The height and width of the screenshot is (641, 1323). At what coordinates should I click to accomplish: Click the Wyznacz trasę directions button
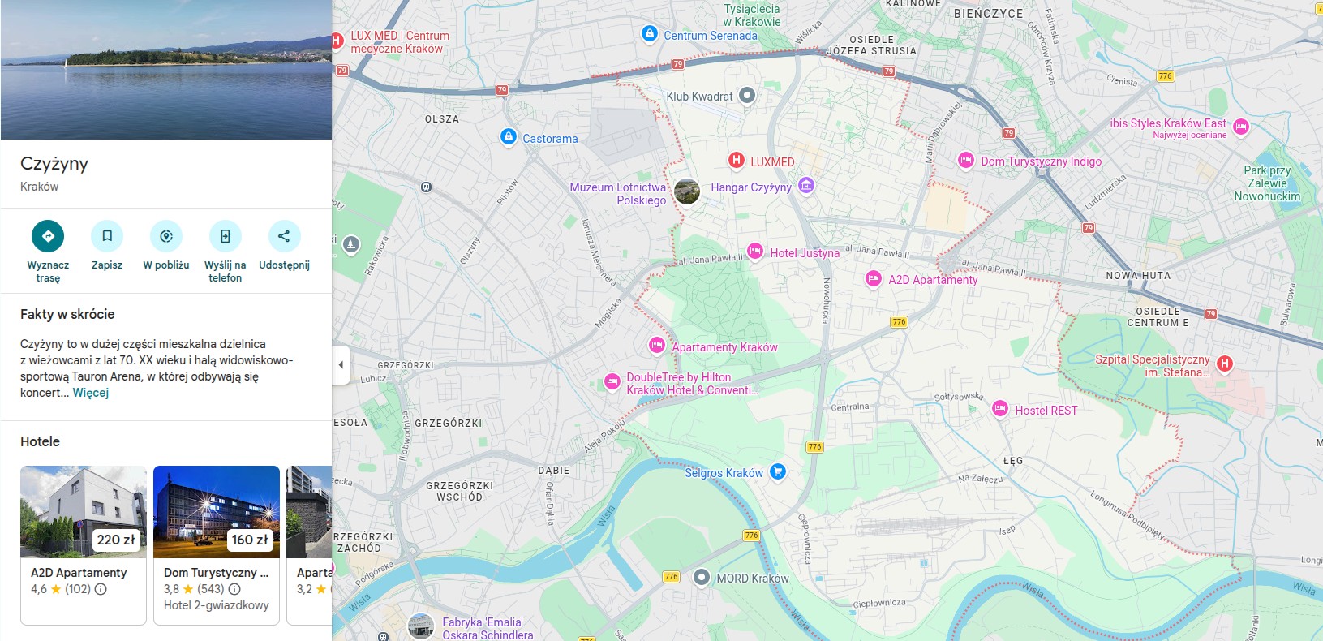click(x=48, y=236)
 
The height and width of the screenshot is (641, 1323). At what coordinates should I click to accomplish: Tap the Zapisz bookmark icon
click(x=107, y=236)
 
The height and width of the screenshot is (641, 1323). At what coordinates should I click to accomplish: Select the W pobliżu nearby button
click(x=166, y=236)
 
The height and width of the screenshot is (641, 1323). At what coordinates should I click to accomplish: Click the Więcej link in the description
click(x=91, y=393)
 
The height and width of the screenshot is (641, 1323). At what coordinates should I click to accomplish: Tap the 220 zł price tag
click(x=116, y=540)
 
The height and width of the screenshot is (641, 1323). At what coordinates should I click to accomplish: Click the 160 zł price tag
click(x=249, y=540)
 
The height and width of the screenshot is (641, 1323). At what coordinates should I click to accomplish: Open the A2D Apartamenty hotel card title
click(x=79, y=573)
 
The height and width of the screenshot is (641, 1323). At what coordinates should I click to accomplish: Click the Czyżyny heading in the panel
click(x=54, y=164)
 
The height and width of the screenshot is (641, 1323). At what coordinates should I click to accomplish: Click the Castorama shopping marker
click(x=509, y=137)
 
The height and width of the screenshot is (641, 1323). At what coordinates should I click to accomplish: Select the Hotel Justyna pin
click(x=755, y=252)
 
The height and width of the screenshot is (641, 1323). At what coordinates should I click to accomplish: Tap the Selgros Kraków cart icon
click(x=777, y=471)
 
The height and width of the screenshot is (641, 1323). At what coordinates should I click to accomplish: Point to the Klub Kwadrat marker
click(x=747, y=96)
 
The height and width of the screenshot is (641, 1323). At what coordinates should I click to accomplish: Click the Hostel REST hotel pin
click(x=1000, y=409)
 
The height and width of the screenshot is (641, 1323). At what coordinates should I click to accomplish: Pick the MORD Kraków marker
click(x=702, y=578)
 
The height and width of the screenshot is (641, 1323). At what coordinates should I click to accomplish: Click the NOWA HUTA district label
click(x=1138, y=276)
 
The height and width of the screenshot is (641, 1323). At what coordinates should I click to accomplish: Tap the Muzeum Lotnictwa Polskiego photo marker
click(x=687, y=192)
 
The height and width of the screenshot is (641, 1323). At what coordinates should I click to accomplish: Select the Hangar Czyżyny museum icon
click(x=805, y=187)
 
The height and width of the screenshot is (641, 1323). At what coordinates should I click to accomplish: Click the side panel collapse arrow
click(x=341, y=365)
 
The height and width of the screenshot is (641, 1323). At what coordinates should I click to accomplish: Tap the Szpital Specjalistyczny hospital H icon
click(x=1225, y=364)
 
